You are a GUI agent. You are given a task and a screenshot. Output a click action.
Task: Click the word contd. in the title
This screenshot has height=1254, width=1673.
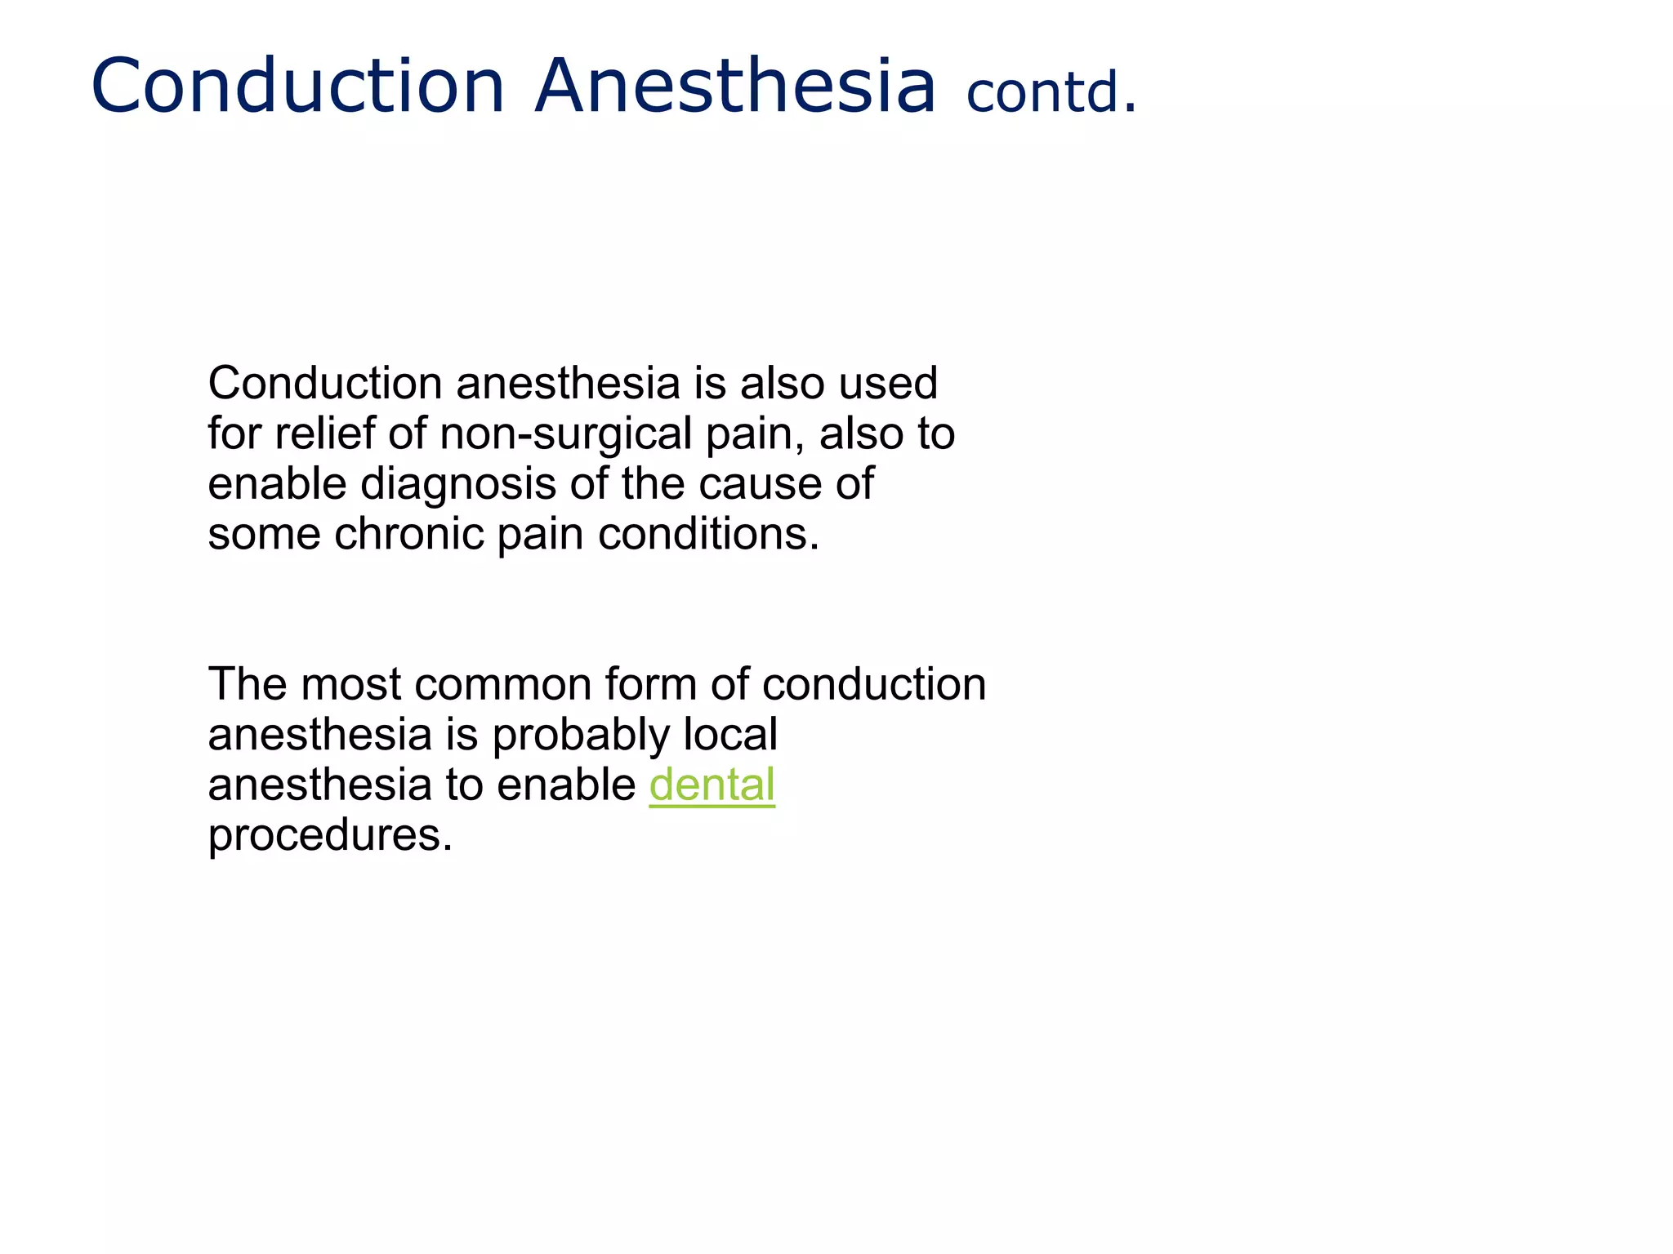tap(1051, 91)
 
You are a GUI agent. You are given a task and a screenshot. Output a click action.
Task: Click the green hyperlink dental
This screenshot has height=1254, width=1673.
tap(712, 785)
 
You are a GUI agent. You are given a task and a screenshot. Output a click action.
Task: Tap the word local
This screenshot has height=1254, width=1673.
tap(729, 735)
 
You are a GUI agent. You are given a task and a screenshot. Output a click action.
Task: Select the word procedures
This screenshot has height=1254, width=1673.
tap(330, 836)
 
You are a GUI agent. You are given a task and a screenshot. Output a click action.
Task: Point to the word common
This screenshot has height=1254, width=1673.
tap(502, 684)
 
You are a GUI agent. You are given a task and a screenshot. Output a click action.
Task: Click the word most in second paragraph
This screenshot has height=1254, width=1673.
tap(351, 684)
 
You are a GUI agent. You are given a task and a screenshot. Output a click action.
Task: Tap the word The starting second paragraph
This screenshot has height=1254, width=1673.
tap(248, 684)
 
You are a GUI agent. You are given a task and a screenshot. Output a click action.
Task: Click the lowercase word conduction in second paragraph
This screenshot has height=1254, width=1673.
tap(873, 684)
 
